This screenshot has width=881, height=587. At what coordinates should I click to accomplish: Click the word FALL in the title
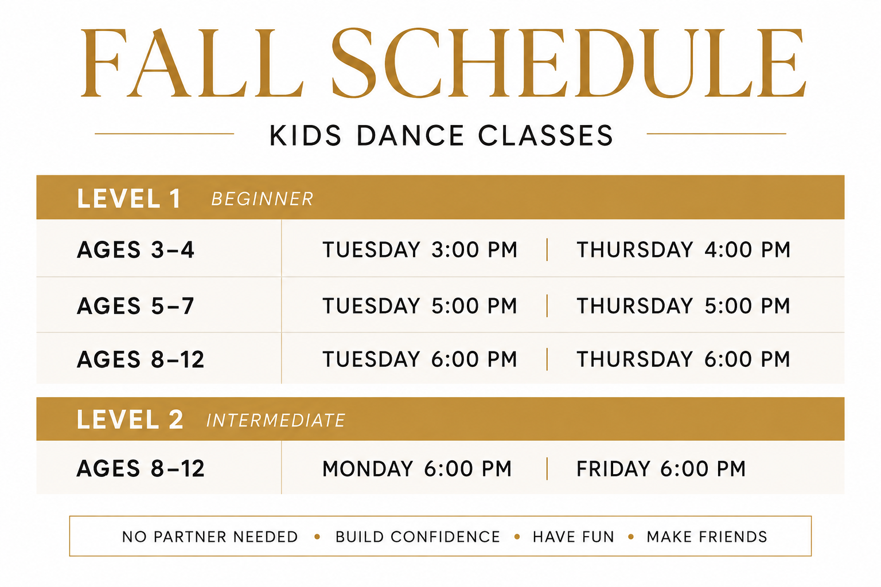[x=192, y=62]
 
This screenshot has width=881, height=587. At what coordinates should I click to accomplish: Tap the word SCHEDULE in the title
[x=569, y=62]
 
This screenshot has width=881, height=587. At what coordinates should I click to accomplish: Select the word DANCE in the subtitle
[x=410, y=136]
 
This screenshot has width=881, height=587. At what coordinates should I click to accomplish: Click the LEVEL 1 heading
[x=128, y=198]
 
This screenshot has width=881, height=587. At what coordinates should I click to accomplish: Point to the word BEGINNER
[x=262, y=199]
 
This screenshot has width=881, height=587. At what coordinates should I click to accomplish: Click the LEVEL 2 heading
[x=130, y=420]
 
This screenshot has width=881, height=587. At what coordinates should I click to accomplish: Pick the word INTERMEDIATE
[x=276, y=420]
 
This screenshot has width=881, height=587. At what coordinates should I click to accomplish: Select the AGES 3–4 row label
[x=135, y=250]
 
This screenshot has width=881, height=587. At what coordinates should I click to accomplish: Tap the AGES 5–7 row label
[x=135, y=306]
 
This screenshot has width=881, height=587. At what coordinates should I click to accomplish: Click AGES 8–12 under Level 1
[x=141, y=359]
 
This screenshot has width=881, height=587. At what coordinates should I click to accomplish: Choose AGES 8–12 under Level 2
[x=141, y=468]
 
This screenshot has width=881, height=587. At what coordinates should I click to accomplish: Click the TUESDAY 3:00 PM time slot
[x=420, y=250]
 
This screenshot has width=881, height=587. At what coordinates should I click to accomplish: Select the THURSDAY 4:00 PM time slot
[x=684, y=250]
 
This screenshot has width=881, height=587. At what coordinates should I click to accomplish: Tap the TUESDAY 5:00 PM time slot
[x=420, y=306]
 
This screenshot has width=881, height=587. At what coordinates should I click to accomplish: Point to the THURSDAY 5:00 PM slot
[x=684, y=306]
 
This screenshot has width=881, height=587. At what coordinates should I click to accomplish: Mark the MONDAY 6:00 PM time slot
[x=417, y=469]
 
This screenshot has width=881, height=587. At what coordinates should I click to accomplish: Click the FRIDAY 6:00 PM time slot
[x=661, y=469]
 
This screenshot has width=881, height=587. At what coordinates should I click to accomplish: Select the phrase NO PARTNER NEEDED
[x=210, y=537]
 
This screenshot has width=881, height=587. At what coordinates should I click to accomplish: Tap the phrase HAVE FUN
[x=574, y=537]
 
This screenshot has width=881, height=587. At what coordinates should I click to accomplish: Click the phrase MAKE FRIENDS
[x=707, y=537]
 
